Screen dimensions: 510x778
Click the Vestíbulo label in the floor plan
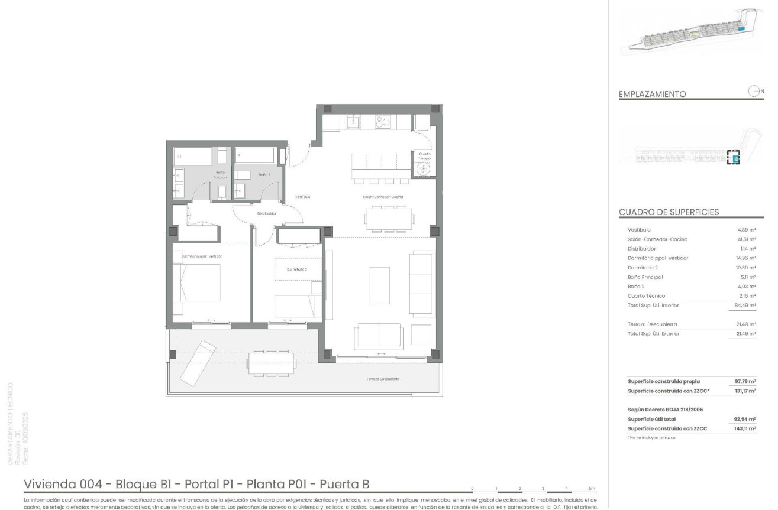click(x=303, y=197)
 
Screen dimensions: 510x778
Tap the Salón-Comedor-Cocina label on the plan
click(x=383, y=197)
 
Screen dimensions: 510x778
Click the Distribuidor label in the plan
click(x=266, y=214)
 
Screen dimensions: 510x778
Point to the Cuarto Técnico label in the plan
click(x=425, y=156)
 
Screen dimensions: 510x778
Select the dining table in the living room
click(x=386, y=219)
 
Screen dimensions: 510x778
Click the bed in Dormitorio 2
click(x=294, y=306)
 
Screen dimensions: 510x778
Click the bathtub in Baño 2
click(x=255, y=156)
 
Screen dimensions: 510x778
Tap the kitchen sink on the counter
click(x=353, y=122)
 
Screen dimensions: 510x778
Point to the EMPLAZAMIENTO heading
click(x=652, y=94)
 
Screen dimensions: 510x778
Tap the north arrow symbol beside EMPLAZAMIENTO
click(x=754, y=91)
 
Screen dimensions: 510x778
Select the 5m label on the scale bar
click(x=592, y=489)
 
